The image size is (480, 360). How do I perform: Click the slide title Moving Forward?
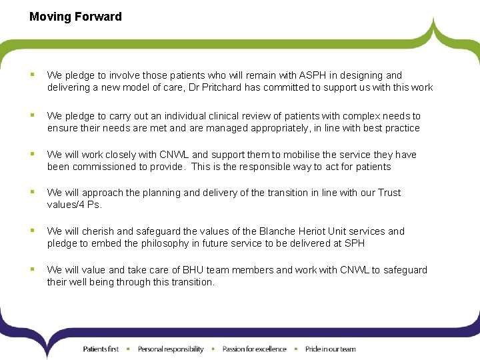pos(75,17)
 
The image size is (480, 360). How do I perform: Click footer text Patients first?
pos(101,349)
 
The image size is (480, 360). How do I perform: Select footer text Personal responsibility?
pos(170,349)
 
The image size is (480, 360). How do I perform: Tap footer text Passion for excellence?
pos(254,349)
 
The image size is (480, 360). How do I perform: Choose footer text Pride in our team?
pos(330,349)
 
